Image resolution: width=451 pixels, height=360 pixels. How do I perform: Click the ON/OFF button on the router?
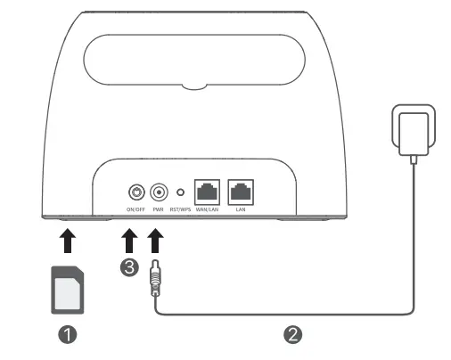pos(136,191)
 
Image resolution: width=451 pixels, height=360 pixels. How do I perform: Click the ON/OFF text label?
pos(135,209)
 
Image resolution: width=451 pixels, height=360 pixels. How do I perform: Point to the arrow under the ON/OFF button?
pos(129,241)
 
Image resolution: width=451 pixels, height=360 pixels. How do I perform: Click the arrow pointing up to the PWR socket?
pos(156,241)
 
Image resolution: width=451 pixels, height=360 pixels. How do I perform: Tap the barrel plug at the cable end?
pos(156,280)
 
